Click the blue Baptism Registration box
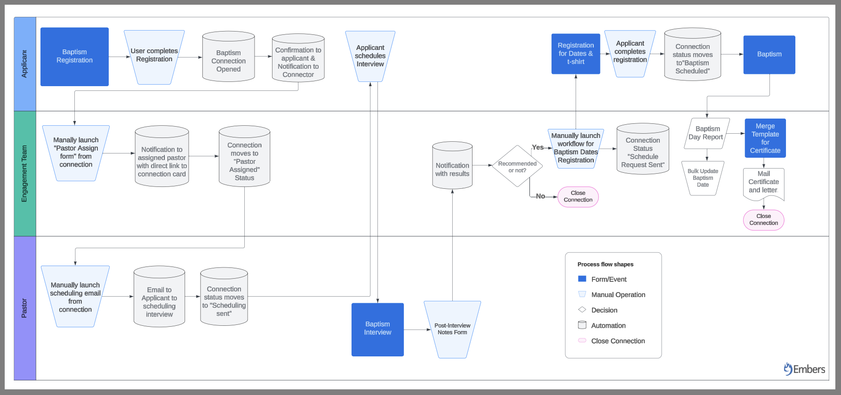pos(74,56)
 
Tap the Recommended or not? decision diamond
pos(517,166)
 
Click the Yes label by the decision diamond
pos(537,147)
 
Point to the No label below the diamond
pos(540,196)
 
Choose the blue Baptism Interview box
pos(377,329)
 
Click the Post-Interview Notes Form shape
pos(452,329)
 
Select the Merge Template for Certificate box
pos(765,138)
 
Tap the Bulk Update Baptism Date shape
pos(703,178)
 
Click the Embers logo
pos(804,369)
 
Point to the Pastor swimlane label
pos(24,308)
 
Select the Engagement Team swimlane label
pos(24,174)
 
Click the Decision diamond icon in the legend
pos(582,310)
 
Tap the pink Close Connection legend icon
pos(582,340)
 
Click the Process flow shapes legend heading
pos(605,265)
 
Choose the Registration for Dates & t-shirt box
pos(576,54)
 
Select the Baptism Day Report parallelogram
pos(706,133)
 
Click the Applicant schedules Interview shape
pos(370,56)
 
